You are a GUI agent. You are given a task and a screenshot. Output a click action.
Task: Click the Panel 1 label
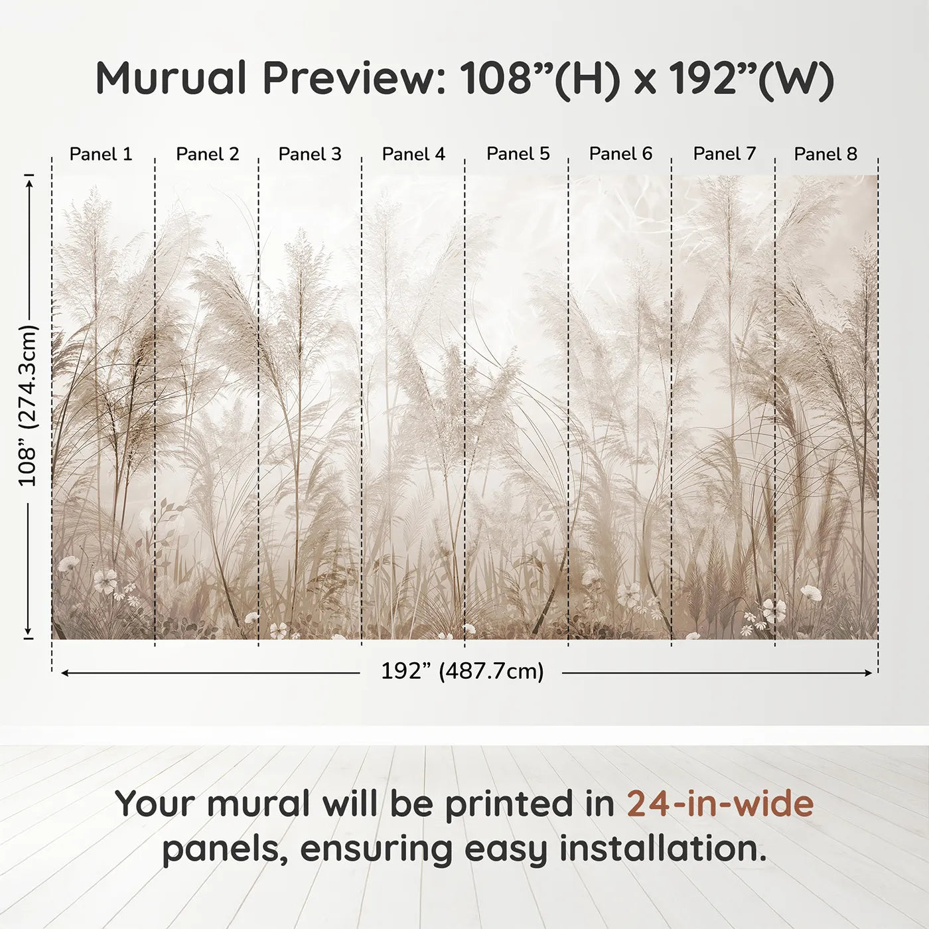click(101, 154)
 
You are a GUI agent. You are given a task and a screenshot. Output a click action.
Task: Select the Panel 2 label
click(207, 154)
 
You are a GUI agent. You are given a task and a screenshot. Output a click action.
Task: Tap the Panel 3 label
click(310, 154)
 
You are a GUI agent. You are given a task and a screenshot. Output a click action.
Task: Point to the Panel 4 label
click(413, 154)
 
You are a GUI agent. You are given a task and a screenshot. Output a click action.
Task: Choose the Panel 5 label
click(518, 153)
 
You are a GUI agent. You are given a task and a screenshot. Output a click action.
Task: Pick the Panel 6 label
click(621, 153)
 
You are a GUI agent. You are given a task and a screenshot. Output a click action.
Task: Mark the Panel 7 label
click(725, 153)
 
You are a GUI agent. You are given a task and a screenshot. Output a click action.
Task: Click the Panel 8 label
click(825, 154)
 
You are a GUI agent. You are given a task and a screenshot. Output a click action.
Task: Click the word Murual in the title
click(171, 78)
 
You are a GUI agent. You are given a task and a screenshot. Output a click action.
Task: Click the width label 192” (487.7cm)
click(462, 671)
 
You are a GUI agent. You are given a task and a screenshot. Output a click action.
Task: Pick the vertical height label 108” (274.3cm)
click(28, 405)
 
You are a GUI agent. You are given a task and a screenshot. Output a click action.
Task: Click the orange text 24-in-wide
click(720, 804)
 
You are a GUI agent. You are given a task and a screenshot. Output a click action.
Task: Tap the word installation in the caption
click(662, 849)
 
